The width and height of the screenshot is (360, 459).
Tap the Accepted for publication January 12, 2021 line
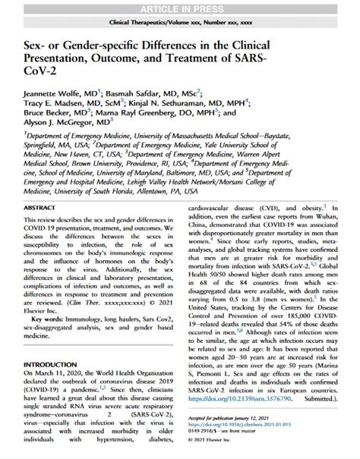coord(248,419)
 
